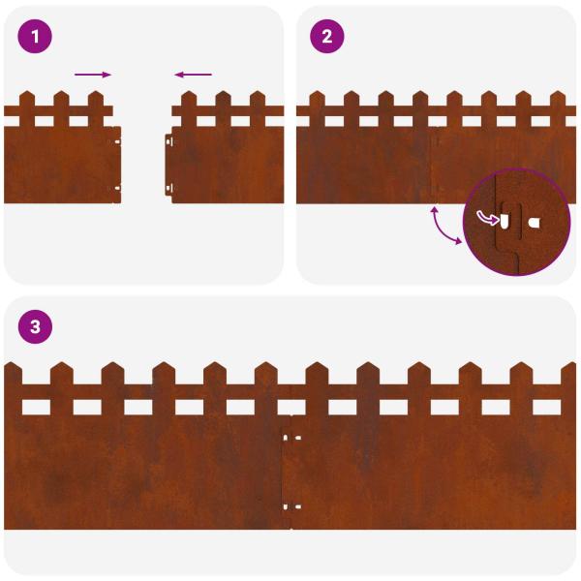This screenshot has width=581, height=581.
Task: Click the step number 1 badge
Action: pyautogui.click(x=36, y=37)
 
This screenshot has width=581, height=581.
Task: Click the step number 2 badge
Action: pyautogui.click(x=326, y=37)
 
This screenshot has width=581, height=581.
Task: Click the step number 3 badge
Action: pyautogui.click(x=36, y=327)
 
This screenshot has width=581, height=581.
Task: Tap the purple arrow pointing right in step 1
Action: pyautogui.click(x=93, y=75)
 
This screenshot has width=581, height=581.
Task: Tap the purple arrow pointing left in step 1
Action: pyautogui.click(x=194, y=75)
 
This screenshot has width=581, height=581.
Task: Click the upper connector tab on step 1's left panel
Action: pyautogui.click(x=117, y=140)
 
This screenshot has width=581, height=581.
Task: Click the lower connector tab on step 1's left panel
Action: pyautogui.click(x=117, y=188)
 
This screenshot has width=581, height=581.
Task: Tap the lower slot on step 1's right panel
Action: pyautogui.click(x=170, y=188)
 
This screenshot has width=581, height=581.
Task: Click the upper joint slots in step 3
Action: pyautogui.click(x=291, y=438)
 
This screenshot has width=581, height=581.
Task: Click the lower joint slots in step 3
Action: pyautogui.click(x=291, y=505)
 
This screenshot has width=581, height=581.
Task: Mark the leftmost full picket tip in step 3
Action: pyautogui.click(x=62, y=367)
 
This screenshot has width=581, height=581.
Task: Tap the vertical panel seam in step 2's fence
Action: pyautogui.click(x=431, y=165)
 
